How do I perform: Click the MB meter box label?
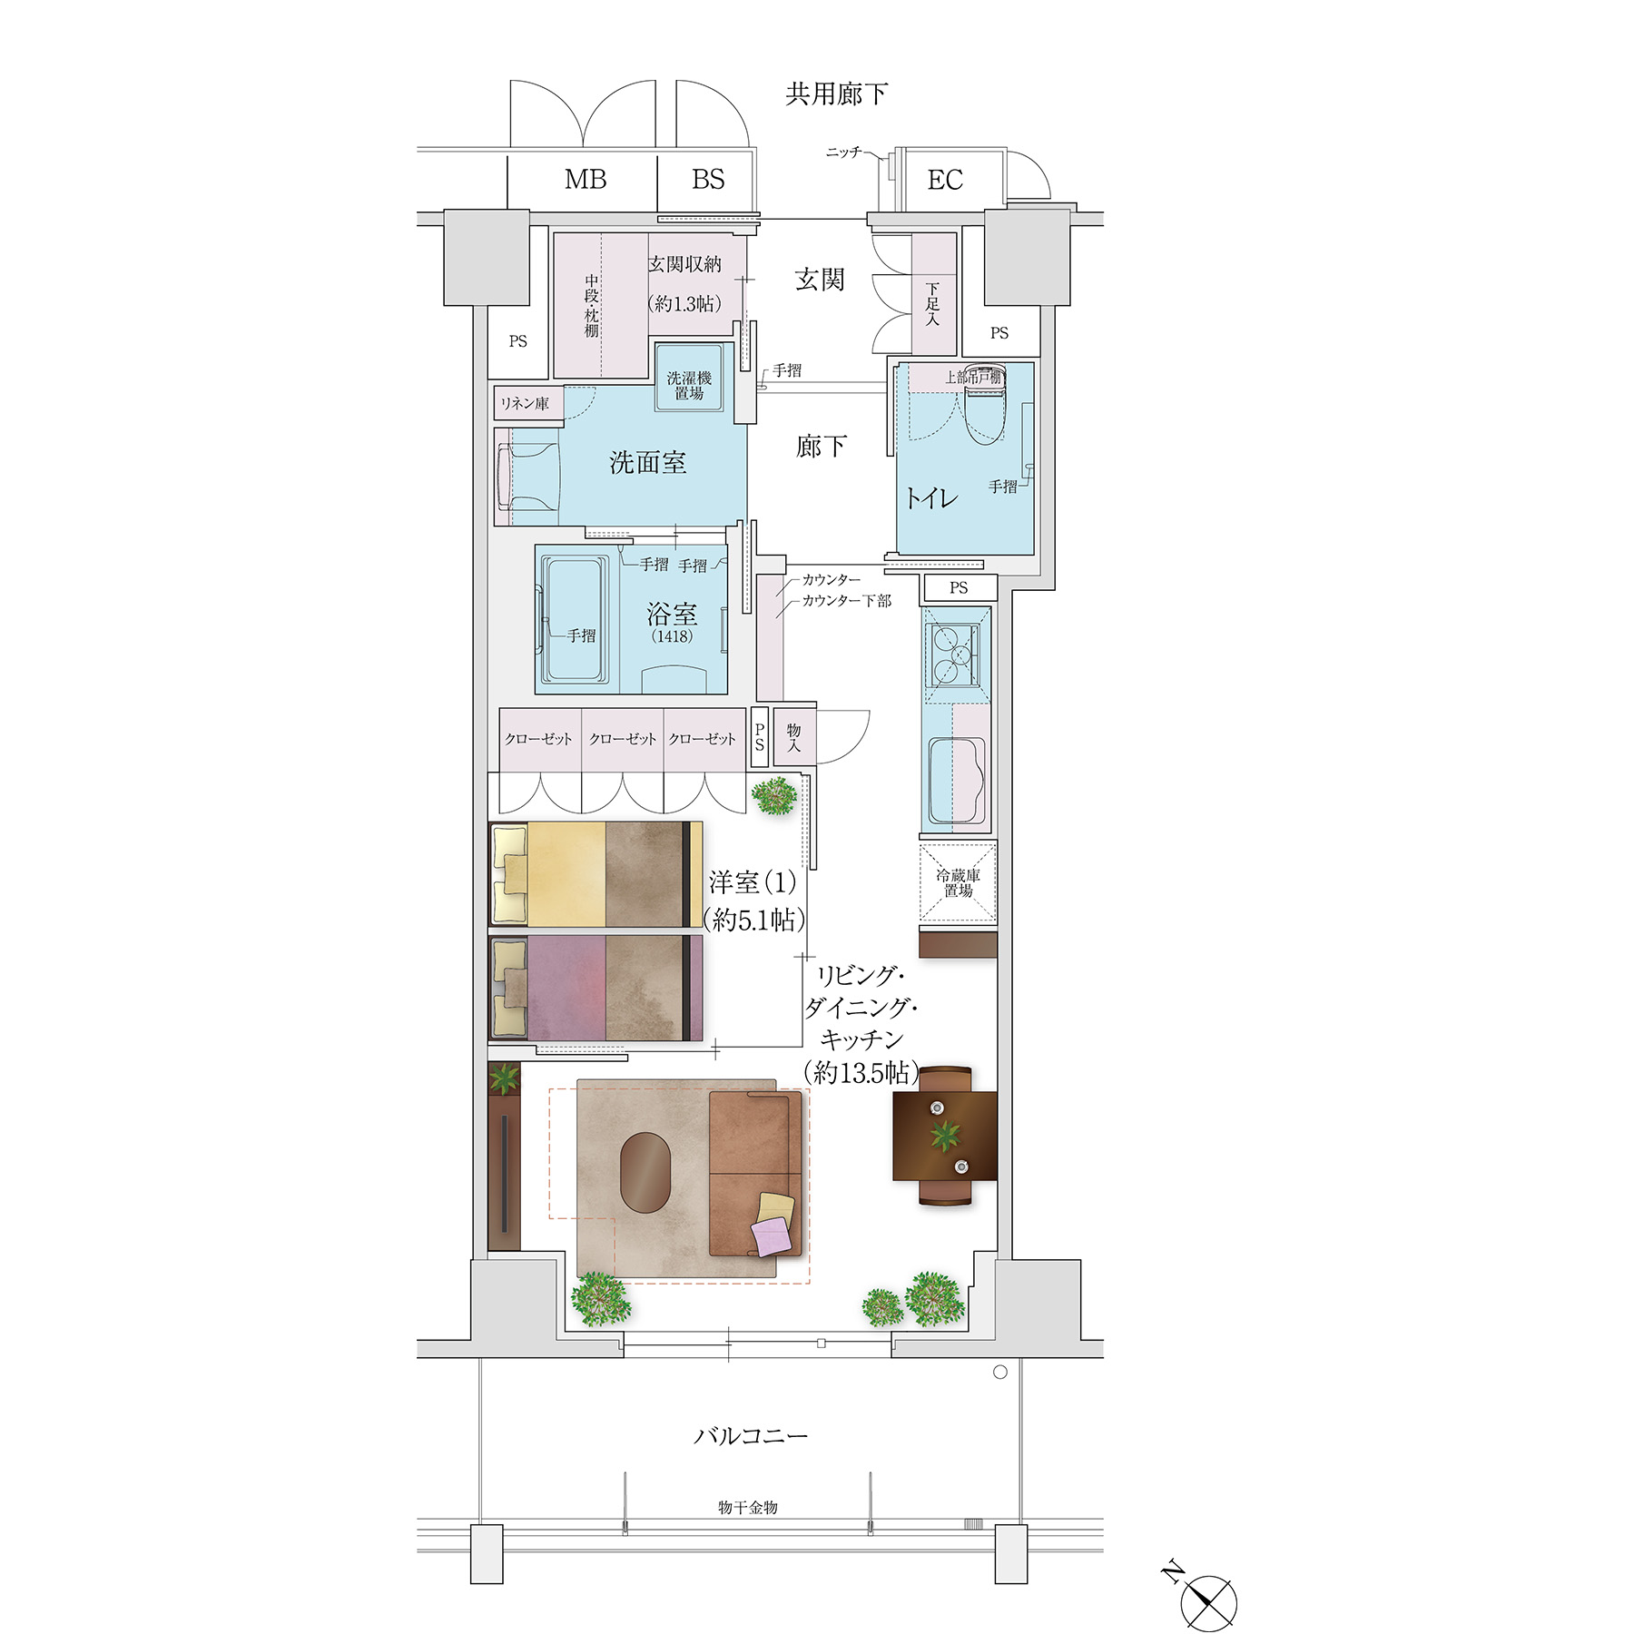pos(586,180)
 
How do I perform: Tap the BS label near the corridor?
pos(708,180)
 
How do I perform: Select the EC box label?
pos(945,180)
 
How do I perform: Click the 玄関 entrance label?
pos(820,280)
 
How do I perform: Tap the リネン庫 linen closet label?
pos(525,404)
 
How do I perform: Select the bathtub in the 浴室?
pos(575,620)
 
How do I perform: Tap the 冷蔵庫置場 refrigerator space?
pos(958,883)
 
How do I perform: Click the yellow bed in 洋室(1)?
pos(596,874)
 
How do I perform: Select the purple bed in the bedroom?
pos(596,988)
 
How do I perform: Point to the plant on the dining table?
pos(945,1134)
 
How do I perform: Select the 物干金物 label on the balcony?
pos(747,1507)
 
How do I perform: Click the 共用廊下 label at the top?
pos(836,94)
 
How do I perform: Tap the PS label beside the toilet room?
pos(999,333)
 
